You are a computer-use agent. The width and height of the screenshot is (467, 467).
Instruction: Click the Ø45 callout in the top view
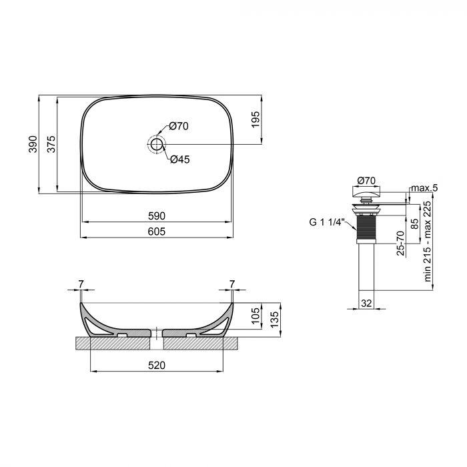pyautogui.click(x=179, y=159)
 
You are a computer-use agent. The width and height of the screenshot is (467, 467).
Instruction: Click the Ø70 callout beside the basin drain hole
pyautogui.click(x=179, y=125)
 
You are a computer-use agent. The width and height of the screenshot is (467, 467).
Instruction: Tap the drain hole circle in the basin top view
pyautogui.click(x=157, y=143)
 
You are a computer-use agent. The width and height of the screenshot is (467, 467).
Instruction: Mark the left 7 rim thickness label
pyautogui.click(x=81, y=285)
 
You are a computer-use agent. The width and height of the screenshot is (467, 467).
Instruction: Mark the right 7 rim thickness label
pyautogui.click(x=231, y=285)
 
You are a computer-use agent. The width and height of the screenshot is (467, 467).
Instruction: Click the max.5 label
pyautogui.click(x=424, y=189)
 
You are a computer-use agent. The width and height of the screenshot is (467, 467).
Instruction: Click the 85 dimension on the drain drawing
pyautogui.click(x=415, y=224)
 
